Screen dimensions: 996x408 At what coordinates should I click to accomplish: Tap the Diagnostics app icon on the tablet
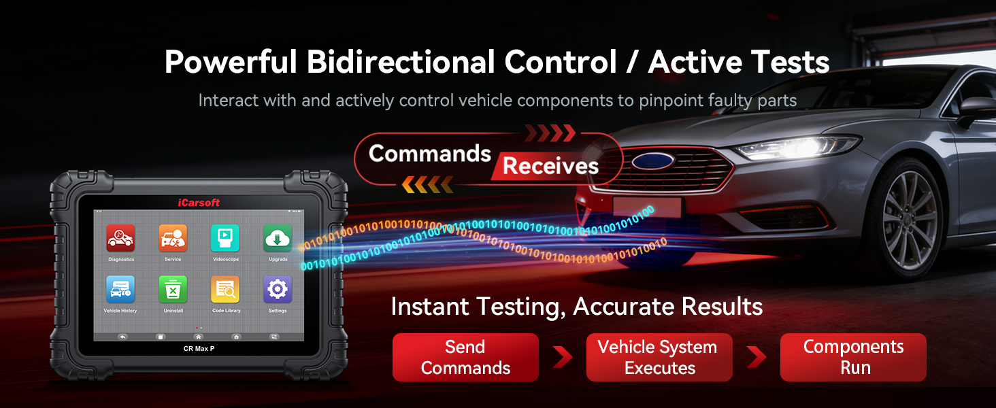120,238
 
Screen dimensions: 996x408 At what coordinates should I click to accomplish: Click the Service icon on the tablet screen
173,238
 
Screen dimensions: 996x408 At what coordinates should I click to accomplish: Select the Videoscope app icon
225,238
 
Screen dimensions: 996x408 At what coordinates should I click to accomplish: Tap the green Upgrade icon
278,238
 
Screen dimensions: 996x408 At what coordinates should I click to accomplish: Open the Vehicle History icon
120,290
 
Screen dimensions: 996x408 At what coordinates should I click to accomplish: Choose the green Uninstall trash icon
173,290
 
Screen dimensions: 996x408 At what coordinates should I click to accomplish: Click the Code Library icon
225,290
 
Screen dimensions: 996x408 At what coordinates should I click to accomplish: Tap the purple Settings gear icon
278,290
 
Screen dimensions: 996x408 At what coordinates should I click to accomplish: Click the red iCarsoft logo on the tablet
199,203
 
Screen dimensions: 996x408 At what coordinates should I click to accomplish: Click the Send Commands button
465,357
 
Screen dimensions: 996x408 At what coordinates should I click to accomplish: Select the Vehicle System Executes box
659,357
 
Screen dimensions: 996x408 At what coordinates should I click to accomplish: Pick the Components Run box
853,357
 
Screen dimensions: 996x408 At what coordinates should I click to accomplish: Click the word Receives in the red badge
550,166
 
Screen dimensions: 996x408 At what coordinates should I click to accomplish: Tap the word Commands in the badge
429,153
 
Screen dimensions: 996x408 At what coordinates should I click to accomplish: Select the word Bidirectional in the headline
401,62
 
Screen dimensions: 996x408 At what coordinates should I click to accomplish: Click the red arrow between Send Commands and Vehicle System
562,357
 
